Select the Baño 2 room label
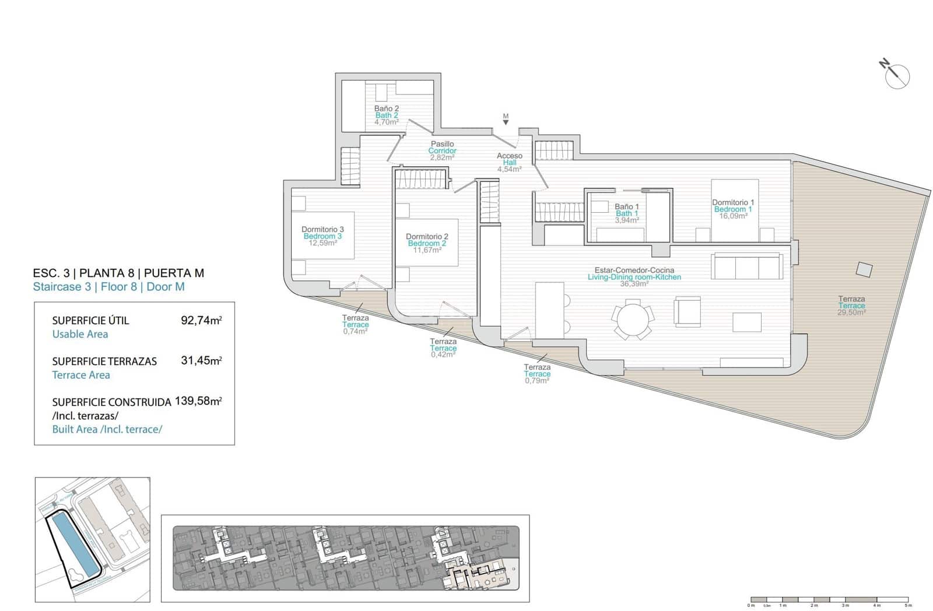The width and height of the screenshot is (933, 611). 387,108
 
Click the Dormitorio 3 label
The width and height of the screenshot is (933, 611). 322,230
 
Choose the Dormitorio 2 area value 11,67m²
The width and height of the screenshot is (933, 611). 427,250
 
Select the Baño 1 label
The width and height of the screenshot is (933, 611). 626,207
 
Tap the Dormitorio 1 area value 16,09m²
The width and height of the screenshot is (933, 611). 733,216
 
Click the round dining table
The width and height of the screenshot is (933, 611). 632,319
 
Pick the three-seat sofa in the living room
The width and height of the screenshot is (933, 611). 746,266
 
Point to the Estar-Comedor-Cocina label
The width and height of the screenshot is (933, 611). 634,271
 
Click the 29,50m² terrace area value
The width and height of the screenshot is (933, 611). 851,312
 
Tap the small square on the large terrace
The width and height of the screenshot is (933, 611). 864,269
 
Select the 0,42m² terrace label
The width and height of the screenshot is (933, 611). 443,354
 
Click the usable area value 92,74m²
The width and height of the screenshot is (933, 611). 201,320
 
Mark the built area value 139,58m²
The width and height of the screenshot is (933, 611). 198,401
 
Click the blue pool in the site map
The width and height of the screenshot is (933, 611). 72,542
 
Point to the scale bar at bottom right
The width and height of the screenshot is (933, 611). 829,599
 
